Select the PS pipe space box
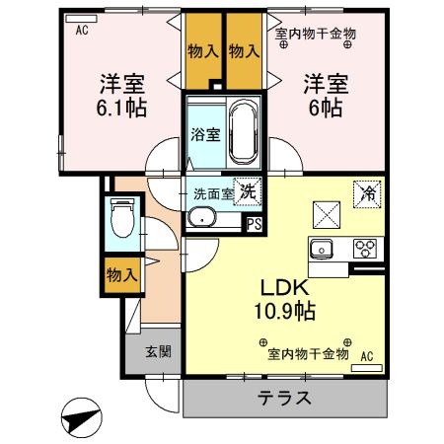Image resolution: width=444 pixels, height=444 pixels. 255,223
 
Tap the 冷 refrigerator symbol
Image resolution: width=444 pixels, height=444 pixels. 364,193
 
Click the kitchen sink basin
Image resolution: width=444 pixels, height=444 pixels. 324,249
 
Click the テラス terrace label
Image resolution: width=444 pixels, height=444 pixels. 285,400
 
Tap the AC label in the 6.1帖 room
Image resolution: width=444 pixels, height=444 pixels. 82,30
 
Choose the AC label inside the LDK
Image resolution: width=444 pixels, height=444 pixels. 366,355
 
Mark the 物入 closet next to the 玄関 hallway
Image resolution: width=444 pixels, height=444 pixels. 122,276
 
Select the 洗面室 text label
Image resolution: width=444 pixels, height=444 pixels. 213,193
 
